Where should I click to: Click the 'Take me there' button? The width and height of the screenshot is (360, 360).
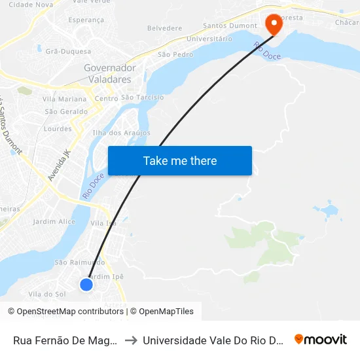179,160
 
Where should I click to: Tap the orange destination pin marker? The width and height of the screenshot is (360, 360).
273,24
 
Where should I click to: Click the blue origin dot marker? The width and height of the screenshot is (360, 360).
86,284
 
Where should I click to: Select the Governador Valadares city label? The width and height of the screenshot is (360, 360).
109,73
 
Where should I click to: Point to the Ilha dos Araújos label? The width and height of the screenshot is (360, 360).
122,133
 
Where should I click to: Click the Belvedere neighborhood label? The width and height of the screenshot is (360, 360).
164,28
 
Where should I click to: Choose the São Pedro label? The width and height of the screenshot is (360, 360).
175,54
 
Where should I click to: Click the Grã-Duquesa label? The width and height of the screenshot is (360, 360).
67,50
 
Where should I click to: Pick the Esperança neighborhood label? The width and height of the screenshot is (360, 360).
86,20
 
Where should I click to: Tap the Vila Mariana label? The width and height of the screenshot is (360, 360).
64,99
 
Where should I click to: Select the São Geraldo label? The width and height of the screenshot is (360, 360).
65,111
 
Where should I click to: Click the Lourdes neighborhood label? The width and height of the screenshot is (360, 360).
58,129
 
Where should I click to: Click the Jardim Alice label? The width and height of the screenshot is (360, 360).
54,222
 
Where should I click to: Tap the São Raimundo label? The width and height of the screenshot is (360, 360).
79,262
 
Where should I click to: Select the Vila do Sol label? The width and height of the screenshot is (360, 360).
47,294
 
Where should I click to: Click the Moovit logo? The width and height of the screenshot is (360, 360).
320,339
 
